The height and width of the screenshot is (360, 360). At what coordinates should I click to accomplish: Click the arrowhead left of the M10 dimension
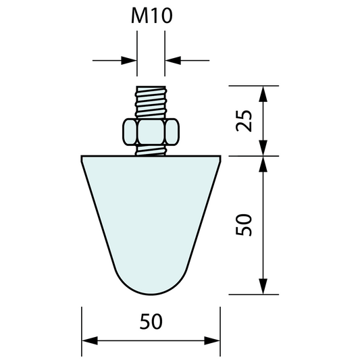point(130,60)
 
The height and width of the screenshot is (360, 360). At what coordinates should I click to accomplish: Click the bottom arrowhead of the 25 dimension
point(262,148)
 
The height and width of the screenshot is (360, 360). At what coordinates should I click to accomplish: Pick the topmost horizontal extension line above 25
point(253,86)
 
